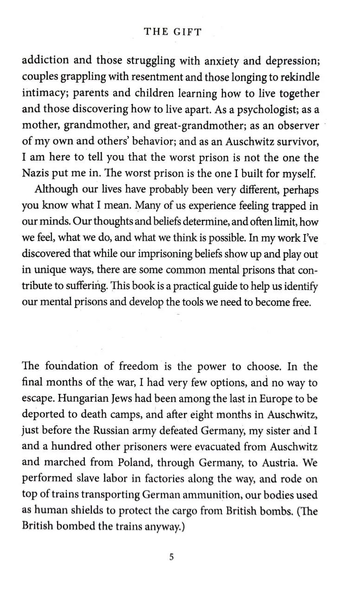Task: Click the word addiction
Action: [45, 60]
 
